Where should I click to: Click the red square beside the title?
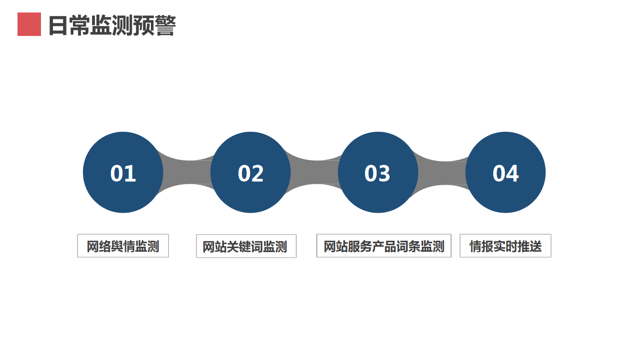click(x=29, y=24)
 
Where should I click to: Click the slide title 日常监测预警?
click(x=112, y=25)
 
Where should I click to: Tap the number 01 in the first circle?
click(x=123, y=173)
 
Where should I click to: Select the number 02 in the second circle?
click(x=251, y=173)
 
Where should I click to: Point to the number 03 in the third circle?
click(x=378, y=173)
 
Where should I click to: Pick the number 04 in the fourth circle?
click(x=506, y=173)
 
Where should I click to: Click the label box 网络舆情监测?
click(x=123, y=246)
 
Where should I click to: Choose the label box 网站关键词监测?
click(x=246, y=246)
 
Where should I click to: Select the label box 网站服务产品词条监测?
click(x=384, y=246)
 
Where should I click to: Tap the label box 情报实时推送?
click(x=506, y=246)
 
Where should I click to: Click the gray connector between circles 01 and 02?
click(x=187, y=172)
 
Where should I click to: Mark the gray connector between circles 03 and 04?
click(x=442, y=173)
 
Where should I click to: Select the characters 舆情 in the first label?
click(x=123, y=246)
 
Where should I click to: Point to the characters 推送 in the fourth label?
click(x=530, y=246)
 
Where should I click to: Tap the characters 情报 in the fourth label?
click(x=482, y=246)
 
